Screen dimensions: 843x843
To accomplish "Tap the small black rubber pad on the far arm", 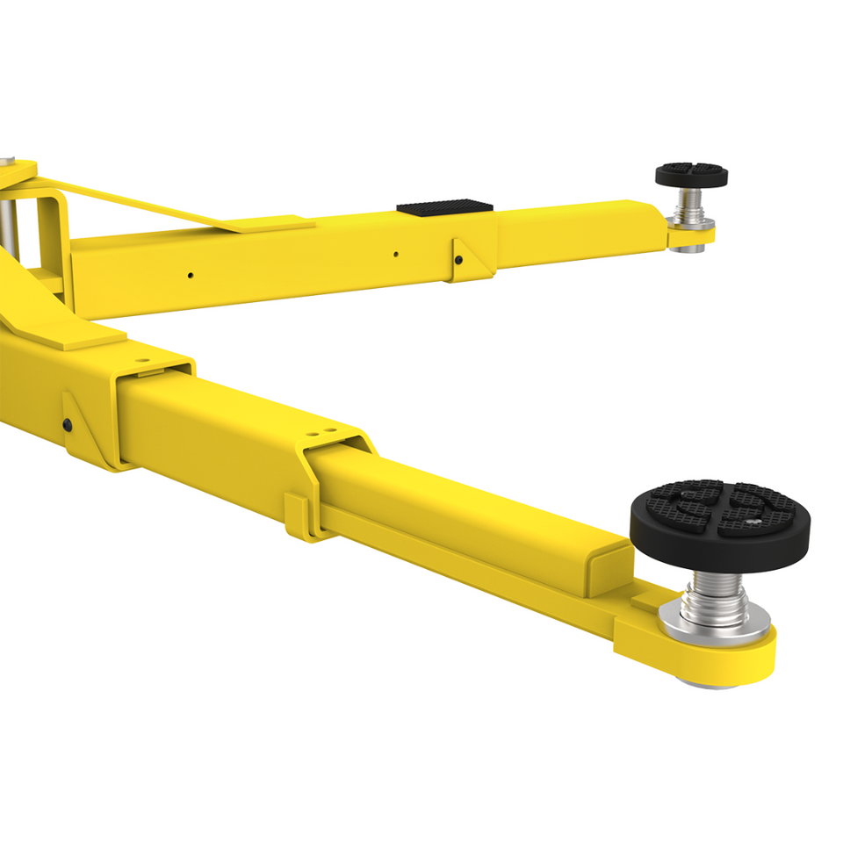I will pos(691,175).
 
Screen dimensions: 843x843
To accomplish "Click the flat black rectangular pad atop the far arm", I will pos(443,209).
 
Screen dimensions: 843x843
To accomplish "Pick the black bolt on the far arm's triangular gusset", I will pos(458,260).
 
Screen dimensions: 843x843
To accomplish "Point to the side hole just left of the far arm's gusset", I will pos(395,255).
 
